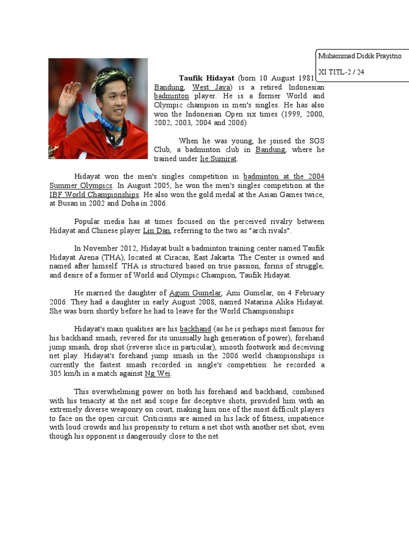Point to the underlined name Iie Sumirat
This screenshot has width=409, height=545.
click(x=218, y=159)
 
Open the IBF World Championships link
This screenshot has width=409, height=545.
click(x=94, y=194)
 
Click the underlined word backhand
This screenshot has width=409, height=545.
click(x=195, y=329)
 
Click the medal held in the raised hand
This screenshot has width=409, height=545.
click(x=78, y=86)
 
